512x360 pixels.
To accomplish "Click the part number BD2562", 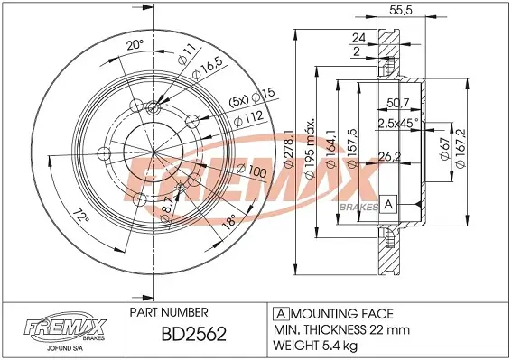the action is click(x=193, y=334).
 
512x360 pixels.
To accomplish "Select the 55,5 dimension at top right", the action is click(x=401, y=10).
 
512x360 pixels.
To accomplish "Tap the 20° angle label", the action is click(x=135, y=45).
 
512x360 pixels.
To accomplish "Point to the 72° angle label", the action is click(x=80, y=217).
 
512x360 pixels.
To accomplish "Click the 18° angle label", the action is click(x=228, y=221).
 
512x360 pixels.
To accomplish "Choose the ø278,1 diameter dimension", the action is click(x=289, y=149).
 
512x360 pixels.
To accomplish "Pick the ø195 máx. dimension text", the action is click(x=310, y=148).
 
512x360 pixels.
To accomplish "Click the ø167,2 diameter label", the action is click(x=461, y=148).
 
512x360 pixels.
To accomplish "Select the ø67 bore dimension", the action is click(x=445, y=149).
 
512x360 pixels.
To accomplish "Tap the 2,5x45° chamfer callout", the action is click(x=398, y=123).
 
